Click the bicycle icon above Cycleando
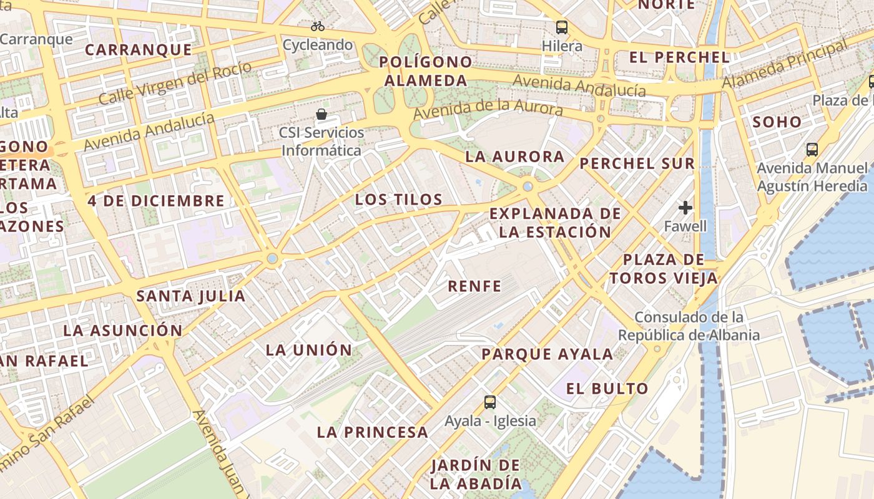coord(318,26)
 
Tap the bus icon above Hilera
coord(562,27)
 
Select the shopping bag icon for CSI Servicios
coord(322,114)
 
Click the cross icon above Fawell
coord(685,208)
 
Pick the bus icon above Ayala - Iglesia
coord(490,402)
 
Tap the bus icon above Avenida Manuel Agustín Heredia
coord(812,150)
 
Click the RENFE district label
coord(474,286)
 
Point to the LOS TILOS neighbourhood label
coord(398,200)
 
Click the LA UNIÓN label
coord(309,350)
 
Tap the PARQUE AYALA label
coord(547,354)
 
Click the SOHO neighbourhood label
coord(777,122)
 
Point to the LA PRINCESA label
coord(372,432)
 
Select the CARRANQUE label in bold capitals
coord(138,50)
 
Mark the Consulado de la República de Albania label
coord(689,326)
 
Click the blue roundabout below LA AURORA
coord(528,186)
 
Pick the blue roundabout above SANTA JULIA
coord(272,258)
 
